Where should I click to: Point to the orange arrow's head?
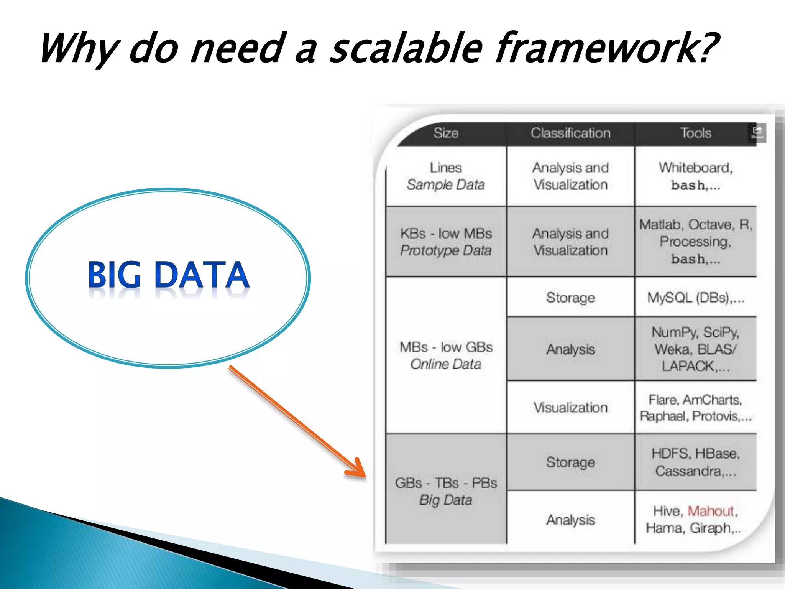pos(358,470)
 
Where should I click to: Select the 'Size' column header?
pos(446,133)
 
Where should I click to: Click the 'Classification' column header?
pos(570,133)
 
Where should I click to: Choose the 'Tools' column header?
pos(695,133)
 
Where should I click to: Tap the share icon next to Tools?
pos(757,132)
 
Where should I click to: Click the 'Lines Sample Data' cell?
pos(446,176)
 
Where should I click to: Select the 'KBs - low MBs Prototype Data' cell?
pos(446,242)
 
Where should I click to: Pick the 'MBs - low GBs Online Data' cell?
pos(446,355)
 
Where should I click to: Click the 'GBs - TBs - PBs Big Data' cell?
pos(446,491)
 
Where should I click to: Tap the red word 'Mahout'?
pos(710,511)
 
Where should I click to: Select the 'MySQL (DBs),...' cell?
pos(695,298)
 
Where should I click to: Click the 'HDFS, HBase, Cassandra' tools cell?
pos(695,462)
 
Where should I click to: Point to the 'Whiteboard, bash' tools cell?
pos(695,176)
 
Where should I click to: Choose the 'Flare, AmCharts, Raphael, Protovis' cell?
pos(695,408)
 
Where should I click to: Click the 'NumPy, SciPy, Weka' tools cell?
pos(695,349)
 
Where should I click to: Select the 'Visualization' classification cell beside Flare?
pos(570,408)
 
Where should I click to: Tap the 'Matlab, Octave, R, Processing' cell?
pos(695,242)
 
